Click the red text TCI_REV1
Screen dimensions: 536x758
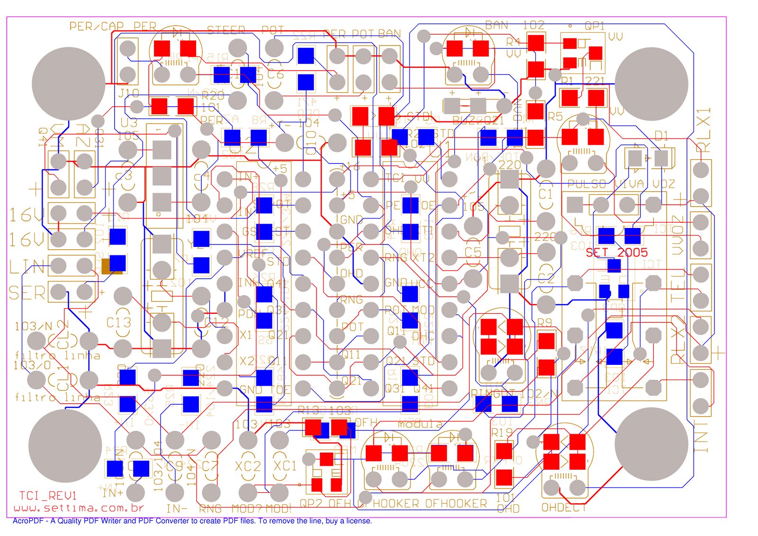[x=47, y=496]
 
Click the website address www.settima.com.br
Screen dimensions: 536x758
[x=79, y=508]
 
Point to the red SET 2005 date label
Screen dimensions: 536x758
[x=616, y=252]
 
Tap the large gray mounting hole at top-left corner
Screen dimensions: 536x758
[x=68, y=83]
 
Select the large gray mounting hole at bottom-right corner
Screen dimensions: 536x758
[x=651, y=444]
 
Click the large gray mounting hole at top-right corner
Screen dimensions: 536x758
[x=651, y=84]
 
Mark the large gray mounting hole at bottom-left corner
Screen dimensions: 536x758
[x=65, y=445]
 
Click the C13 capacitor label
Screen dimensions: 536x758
[x=118, y=323]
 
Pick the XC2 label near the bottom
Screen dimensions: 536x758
[x=248, y=466]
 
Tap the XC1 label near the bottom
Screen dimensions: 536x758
[x=285, y=466]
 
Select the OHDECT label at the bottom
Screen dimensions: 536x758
[x=563, y=508]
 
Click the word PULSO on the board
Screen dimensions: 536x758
[x=587, y=184]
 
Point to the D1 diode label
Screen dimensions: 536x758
[x=661, y=136]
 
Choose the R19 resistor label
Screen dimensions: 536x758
[x=502, y=432]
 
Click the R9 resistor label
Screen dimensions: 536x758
[x=545, y=323]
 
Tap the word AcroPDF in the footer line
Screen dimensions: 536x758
[x=27, y=521]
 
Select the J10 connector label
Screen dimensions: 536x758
[x=128, y=93]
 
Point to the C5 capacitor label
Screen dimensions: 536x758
[x=472, y=252]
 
